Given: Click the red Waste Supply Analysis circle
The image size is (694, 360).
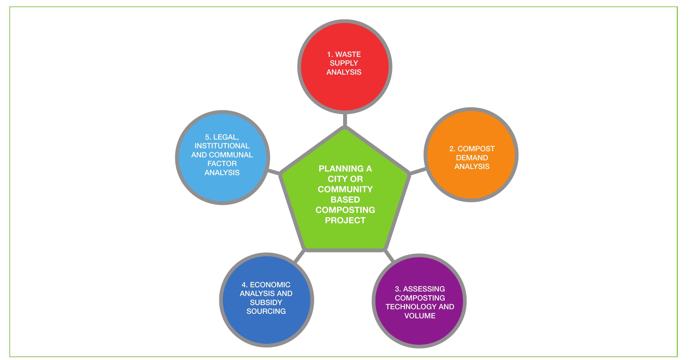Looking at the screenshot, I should [x=344, y=87].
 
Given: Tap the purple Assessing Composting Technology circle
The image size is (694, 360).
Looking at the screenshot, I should [x=419, y=330].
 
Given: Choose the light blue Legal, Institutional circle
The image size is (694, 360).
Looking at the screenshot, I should [x=222, y=187].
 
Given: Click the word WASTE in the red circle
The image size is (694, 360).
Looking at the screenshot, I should [x=348, y=54].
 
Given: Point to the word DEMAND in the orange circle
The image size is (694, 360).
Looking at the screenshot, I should [x=472, y=158].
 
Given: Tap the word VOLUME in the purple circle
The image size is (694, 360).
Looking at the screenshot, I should [x=420, y=316].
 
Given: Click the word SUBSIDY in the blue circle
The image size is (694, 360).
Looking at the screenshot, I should [x=266, y=302].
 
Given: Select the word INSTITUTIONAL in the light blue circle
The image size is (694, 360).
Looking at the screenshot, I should [x=222, y=146].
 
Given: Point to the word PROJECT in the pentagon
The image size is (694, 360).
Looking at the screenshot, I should [x=345, y=220].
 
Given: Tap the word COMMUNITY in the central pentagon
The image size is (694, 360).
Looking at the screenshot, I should [x=345, y=189].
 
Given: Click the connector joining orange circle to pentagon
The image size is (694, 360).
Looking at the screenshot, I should [x=417, y=171].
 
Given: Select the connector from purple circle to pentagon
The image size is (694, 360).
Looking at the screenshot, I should [x=389, y=256].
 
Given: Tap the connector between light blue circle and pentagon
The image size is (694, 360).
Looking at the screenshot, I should [x=273, y=172].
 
